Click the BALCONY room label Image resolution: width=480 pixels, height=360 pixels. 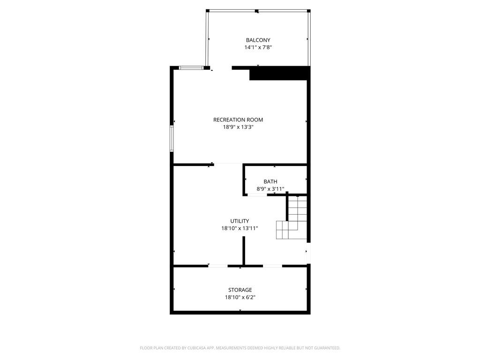pos(258,40)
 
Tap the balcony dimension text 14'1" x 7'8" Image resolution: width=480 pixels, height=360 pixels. pos(258,47)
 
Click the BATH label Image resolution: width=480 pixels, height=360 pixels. pos(270,181)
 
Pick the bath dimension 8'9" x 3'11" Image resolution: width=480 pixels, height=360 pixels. pos(270,189)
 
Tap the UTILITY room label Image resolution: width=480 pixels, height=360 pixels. pos(240,221)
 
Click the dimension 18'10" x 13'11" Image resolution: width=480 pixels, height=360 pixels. pos(240,228)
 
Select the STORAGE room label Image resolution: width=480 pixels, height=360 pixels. pos(240,290)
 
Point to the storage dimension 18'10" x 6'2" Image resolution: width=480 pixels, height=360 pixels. pos(240,297)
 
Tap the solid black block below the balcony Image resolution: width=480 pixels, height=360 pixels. pos(279,73)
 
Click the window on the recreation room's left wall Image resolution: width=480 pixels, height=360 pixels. pos(172,138)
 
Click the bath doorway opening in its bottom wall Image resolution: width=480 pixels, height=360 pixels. pos(257,195)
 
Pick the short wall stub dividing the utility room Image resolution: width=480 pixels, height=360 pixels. pos(244,251)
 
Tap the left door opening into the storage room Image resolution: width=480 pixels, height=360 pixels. pos(218,266)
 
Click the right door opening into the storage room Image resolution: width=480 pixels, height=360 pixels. pos(272,266)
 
